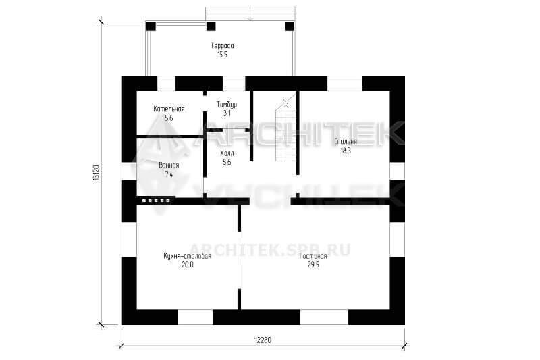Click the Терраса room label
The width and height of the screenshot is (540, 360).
click(x=223, y=46)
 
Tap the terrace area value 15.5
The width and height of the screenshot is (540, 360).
click(x=223, y=55)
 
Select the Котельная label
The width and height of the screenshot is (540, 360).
click(x=169, y=109)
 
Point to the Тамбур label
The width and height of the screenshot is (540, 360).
click(x=227, y=105)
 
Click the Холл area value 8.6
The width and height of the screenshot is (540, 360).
click(x=227, y=162)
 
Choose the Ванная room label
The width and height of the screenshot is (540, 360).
click(x=169, y=165)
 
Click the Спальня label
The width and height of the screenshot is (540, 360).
click(x=346, y=142)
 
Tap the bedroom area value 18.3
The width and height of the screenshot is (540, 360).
click(x=346, y=151)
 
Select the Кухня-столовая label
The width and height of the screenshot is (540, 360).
click(x=188, y=256)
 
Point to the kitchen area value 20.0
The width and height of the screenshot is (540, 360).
click(x=188, y=265)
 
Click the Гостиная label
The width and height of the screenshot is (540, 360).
click(x=313, y=256)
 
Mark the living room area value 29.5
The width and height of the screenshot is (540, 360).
click(x=313, y=265)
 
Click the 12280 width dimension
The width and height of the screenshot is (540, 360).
click(x=263, y=340)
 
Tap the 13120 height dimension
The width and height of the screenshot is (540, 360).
click(x=96, y=173)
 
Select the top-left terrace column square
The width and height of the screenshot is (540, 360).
click(x=151, y=26)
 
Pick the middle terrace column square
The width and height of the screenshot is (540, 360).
click(x=211, y=26)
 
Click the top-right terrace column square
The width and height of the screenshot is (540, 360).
click(x=290, y=26)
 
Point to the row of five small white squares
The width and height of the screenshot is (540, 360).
click(x=156, y=200)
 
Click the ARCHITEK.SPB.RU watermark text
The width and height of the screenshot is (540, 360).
click(x=270, y=249)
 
